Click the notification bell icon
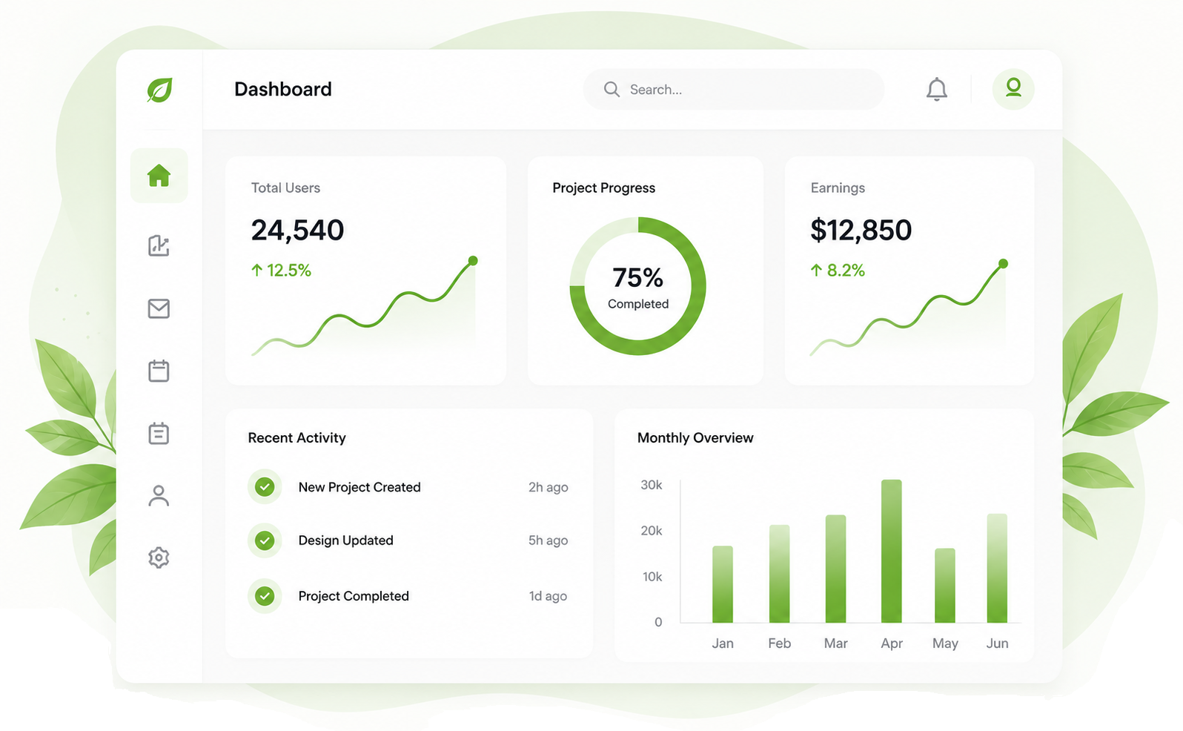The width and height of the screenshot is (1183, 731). coord(936,89)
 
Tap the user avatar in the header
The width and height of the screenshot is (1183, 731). coord(1013,89)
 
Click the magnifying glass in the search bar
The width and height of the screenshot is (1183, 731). coord(612,89)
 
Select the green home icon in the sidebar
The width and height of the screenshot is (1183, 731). coord(159,176)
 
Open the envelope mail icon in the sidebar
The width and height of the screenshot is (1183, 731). coord(159,308)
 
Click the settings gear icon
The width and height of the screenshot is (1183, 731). coord(159,558)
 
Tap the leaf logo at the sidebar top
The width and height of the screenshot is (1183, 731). coord(159,90)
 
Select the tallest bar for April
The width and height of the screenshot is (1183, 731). coord(892,551)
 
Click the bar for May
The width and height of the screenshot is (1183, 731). coord(945,585)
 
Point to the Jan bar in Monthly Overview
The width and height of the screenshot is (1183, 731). coord(723,584)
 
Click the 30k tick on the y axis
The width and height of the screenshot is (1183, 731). coord(652,485)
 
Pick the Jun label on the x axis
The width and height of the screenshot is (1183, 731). coord(997,644)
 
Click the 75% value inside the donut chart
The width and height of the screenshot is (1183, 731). coord(637,277)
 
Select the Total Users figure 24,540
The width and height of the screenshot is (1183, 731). coord(297,231)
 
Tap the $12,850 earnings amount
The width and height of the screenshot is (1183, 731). coord(861,231)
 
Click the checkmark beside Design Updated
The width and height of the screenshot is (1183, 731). coord(265,540)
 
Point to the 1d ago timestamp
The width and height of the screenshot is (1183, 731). coord(548,596)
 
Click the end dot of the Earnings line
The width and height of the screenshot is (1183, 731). coord(1003,264)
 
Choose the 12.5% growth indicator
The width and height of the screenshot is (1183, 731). coord(281,271)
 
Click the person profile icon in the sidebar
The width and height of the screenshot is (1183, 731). coord(159,495)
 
